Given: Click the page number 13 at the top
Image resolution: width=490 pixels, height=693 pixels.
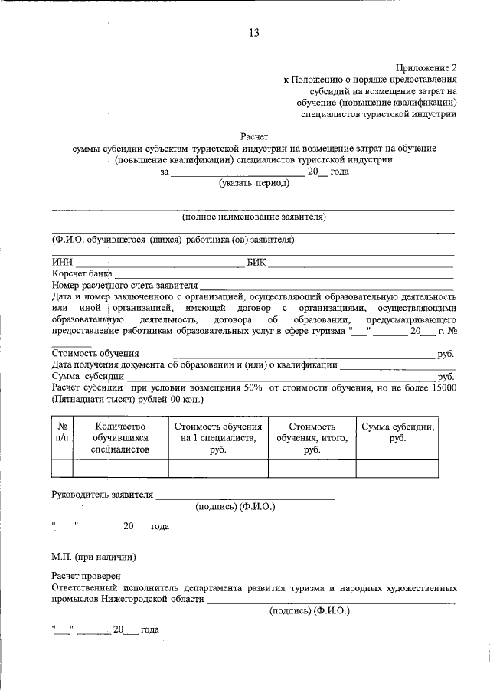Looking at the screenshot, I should coord(254,32).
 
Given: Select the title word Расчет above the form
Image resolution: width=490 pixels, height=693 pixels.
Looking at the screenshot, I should coord(254,136).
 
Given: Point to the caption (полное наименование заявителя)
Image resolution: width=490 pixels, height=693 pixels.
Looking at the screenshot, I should coord(253,217).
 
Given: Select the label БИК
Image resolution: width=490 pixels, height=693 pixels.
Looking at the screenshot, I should coord(256,262).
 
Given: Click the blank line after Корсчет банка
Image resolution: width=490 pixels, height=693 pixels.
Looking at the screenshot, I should coord(283,275).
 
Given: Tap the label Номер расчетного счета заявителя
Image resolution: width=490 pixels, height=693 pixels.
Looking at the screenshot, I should coord(125,285).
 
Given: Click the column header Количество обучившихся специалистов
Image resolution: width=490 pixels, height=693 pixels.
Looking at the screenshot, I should coord(120,438).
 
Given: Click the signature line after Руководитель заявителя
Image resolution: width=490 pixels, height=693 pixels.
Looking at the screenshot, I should coord(245,498).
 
